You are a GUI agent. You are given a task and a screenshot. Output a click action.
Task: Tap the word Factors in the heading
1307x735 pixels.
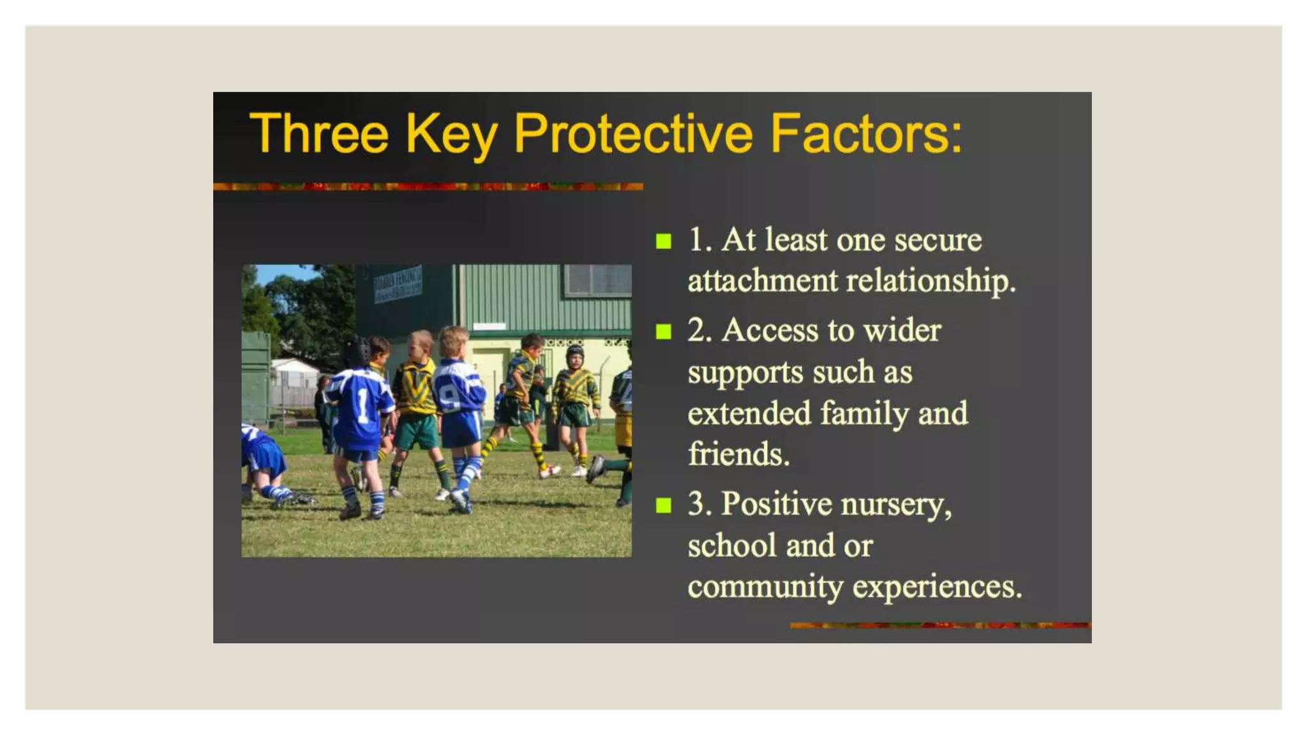866,134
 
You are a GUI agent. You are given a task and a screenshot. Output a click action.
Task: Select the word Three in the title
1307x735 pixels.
318,134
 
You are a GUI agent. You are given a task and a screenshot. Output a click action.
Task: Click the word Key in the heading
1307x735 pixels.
451,135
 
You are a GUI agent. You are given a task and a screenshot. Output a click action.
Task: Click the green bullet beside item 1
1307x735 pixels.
664,242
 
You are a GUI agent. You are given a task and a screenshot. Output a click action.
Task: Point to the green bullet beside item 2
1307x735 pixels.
664,332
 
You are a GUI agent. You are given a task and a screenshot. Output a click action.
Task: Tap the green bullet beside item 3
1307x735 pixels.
664,506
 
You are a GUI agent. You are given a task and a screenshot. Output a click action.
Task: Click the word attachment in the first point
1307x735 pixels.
763,281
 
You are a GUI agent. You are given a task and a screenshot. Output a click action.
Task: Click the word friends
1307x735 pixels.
738,454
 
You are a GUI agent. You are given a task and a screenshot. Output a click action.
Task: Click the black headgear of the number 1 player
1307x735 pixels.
356,352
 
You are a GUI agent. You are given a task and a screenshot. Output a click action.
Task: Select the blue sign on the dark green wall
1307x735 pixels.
398,284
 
